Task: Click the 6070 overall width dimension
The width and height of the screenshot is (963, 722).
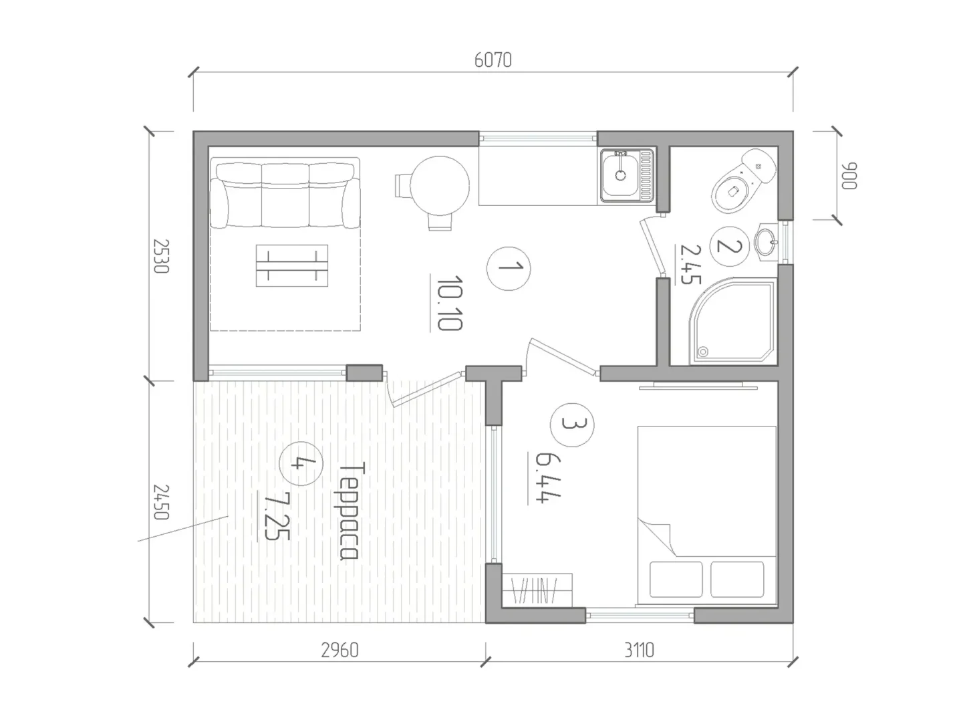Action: [493, 60]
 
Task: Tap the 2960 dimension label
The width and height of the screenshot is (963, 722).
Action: [339, 650]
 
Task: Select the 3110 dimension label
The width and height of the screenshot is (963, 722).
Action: [640, 650]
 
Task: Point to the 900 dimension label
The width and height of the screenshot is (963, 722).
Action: [849, 176]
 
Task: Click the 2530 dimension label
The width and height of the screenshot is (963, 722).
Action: [161, 256]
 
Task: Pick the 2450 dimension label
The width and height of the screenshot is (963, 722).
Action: [161, 501]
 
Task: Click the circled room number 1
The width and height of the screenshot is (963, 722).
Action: [509, 269]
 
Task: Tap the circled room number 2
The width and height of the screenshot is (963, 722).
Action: [729, 246]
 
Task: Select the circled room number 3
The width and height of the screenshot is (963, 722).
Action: [572, 425]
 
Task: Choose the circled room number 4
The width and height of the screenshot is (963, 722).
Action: [301, 463]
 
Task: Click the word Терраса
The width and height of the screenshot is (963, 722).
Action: [350, 511]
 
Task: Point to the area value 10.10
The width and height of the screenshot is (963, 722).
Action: [449, 303]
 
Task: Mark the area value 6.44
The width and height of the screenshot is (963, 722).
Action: [547, 478]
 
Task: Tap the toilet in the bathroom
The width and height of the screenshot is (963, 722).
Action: [742, 180]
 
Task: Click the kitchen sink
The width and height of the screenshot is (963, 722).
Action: [627, 175]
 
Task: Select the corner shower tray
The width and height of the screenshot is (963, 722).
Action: [732, 321]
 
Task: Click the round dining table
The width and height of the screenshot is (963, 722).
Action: [439, 186]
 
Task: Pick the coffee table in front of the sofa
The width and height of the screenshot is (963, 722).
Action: [292, 265]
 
